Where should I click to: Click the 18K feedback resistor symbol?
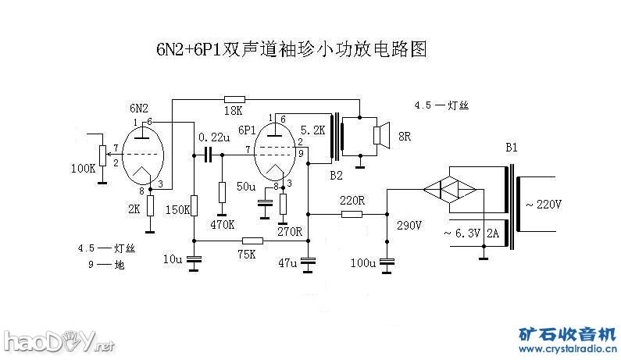point(234,99)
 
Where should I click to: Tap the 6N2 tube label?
point(139,107)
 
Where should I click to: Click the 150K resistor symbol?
point(195,206)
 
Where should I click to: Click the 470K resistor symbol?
point(222,192)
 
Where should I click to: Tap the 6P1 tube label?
point(248,130)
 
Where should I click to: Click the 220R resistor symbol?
point(352,213)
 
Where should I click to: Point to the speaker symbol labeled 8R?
point(380,136)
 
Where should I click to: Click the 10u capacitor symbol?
point(195,258)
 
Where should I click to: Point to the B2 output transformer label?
point(336,175)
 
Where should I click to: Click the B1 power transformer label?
point(512,147)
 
